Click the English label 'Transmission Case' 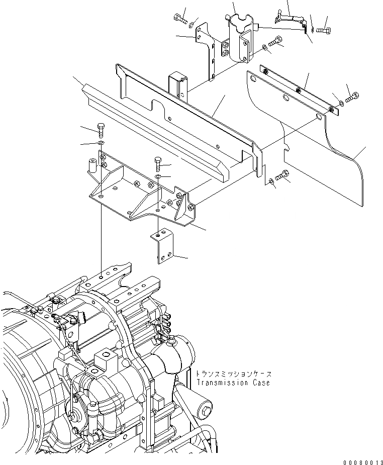click(233, 383)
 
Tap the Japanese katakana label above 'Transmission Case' click(234, 375)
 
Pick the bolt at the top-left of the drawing click(180, 20)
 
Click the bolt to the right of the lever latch click(323, 31)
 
